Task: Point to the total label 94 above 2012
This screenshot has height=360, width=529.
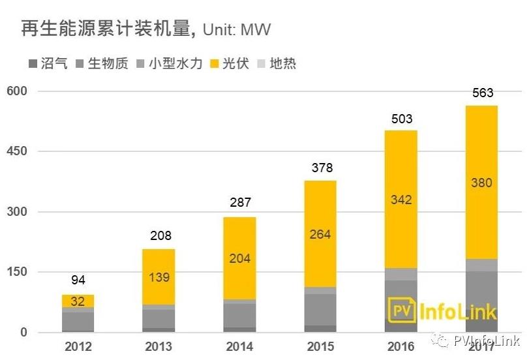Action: coord(78,281)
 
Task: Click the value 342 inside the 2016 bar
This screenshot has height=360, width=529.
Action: coord(401,200)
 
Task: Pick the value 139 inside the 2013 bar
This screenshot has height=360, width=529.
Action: coord(159,277)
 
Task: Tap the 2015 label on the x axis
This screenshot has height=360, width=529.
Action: coord(320,346)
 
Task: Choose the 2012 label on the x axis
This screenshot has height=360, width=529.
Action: coord(78,346)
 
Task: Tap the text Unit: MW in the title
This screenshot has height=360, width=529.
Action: coord(236,30)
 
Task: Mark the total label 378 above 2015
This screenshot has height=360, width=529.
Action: coord(320,169)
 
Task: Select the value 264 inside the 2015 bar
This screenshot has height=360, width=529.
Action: coord(320,234)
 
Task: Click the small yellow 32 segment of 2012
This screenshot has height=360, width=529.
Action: coord(78,301)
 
